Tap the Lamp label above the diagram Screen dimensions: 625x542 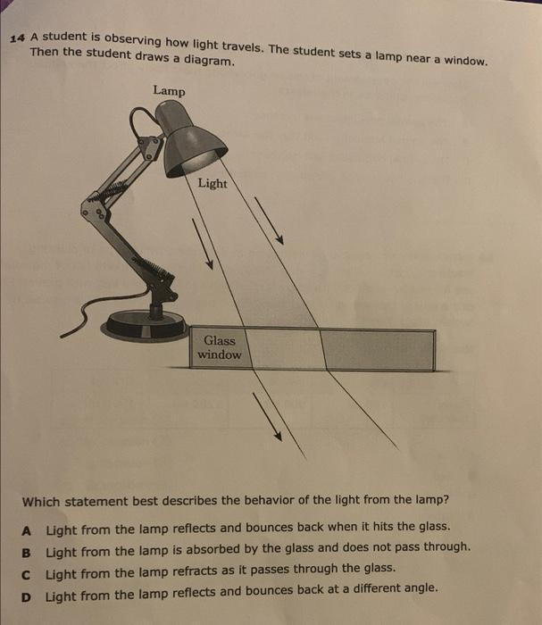pyautogui.click(x=170, y=89)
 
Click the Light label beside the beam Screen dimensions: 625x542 pyautogui.click(x=213, y=183)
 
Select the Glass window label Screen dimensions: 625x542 pyautogui.click(x=219, y=347)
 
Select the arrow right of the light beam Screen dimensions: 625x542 pyautogui.click(x=270, y=219)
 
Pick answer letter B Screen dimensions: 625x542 pyautogui.click(x=28, y=547)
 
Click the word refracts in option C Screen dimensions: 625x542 pyautogui.click(x=187, y=569)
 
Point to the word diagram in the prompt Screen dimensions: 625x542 pyautogui.click(x=208, y=62)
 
